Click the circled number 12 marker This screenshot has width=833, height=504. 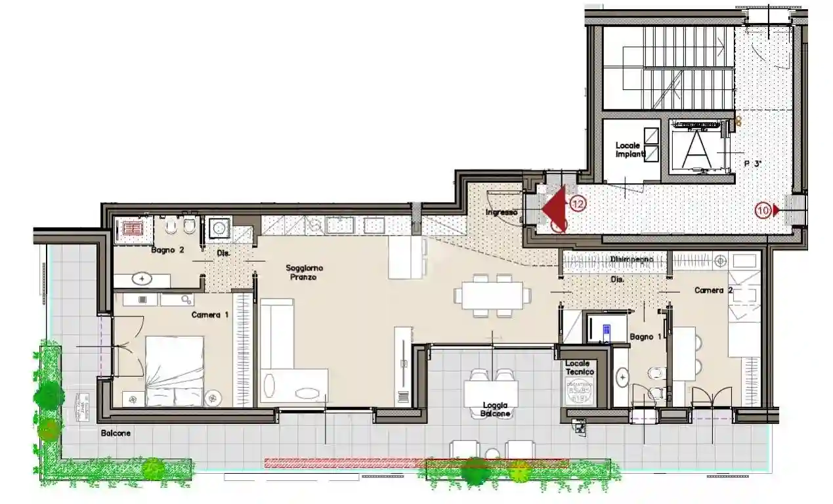pyautogui.click(x=578, y=205)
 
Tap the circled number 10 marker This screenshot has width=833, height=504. pyautogui.click(x=763, y=211)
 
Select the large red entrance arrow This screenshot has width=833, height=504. pyautogui.click(x=554, y=206)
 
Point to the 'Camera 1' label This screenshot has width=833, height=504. pyautogui.click(x=210, y=314)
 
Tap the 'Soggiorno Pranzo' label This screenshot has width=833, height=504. pyautogui.click(x=304, y=272)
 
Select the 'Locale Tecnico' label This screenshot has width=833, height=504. pyautogui.click(x=578, y=367)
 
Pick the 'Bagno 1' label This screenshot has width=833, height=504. pyautogui.click(x=641, y=337)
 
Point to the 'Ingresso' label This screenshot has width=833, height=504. pyautogui.click(x=502, y=213)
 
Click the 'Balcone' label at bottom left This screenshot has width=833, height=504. pyautogui.click(x=116, y=433)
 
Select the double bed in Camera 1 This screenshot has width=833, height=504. pyautogui.click(x=175, y=371)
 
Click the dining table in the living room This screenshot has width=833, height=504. pyautogui.click(x=492, y=295)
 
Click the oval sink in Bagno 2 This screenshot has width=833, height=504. pyautogui.click(x=142, y=279)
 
